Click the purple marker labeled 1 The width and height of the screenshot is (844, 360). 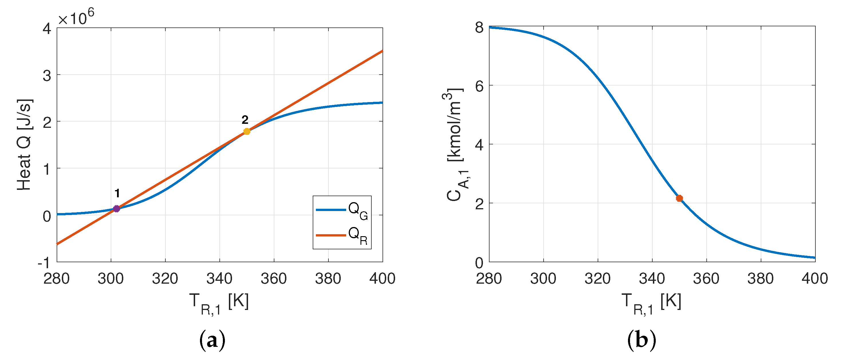coord(116,209)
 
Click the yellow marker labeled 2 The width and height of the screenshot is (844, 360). coord(247,131)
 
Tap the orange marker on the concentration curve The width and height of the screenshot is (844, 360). coord(679,198)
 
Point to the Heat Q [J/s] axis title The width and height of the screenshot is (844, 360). coord(24,144)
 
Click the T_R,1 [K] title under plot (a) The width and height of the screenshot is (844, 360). coord(219,303)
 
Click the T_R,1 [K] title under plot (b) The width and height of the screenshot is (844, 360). coord(651,303)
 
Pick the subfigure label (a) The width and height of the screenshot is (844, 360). coord(212,340)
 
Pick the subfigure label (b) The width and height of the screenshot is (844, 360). coord(641,340)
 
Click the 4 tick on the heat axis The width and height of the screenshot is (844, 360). coord(47,29)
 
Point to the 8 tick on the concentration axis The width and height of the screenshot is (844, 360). coord(479,27)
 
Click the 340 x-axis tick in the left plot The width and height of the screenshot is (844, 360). coord(219,279)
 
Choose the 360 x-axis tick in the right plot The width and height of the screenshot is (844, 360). coord(706,279)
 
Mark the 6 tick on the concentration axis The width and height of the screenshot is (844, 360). coord(479,86)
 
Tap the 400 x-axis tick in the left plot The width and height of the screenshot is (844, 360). coord(382,279)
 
